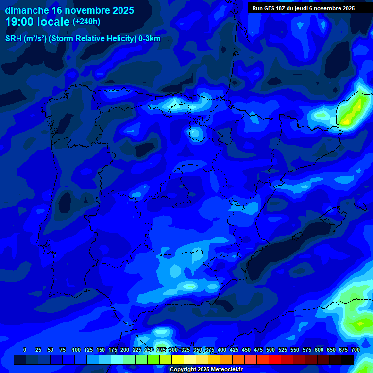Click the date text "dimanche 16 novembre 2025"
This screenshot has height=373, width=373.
pyautogui.click(x=69, y=10)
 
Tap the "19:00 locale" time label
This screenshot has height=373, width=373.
pyautogui.click(x=38, y=21)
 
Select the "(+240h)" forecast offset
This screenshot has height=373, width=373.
pyautogui.click(x=86, y=22)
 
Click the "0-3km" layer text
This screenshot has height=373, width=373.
pyautogui.click(x=149, y=39)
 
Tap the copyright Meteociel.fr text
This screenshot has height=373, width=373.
pyautogui.click(x=206, y=370)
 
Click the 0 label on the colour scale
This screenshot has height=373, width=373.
pyautogui.click(x=25, y=350)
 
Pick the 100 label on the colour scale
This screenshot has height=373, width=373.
pyautogui.click(x=76, y=350)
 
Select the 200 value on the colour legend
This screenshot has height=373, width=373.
pyautogui.click(x=125, y=350)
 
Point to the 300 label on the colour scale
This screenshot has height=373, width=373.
pyautogui.click(x=173, y=350)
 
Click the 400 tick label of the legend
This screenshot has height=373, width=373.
pyautogui.click(x=222, y=350)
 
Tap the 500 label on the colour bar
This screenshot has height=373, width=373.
pyautogui.click(x=271, y=350)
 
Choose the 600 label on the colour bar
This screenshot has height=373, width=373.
pyautogui.click(x=319, y=350)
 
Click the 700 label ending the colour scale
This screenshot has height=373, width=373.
pyautogui.click(x=356, y=350)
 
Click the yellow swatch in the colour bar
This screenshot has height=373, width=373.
pyautogui.click(x=178, y=359)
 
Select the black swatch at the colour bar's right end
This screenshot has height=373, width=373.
pyautogui.click(x=348, y=359)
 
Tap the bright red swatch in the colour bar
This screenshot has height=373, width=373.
pyautogui.click(x=275, y=359)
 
